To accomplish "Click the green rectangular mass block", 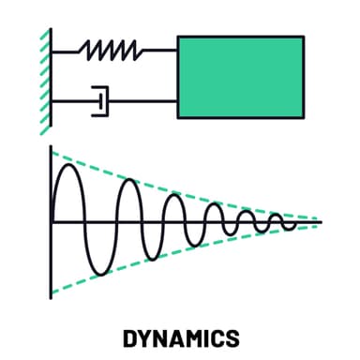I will [241, 77].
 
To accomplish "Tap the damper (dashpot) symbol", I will [98, 98].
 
